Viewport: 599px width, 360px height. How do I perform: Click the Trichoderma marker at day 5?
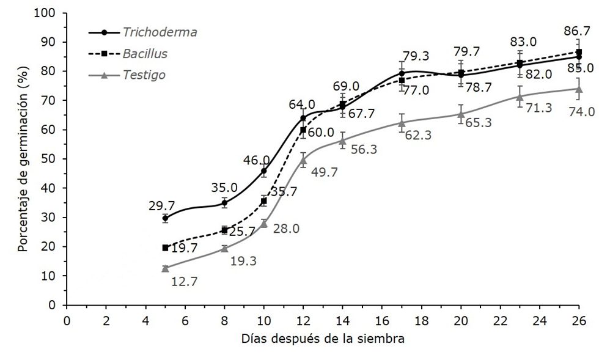click(x=165, y=218)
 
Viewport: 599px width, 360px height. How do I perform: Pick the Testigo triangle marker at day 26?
click(x=578, y=89)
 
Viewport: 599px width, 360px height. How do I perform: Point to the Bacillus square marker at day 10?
click(x=263, y=201)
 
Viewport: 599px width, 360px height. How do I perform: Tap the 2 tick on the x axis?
click(x=106, y=320)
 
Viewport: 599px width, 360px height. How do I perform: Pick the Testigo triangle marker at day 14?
click(x=342, y=141)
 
